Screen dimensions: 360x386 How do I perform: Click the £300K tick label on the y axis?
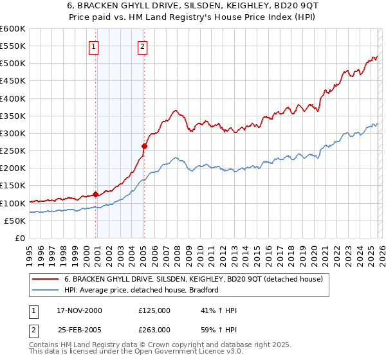click(x=13, y=134)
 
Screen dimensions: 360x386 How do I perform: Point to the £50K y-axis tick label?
click(x=15, y=221)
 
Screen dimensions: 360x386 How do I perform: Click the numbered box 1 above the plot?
click(x=94, y=46)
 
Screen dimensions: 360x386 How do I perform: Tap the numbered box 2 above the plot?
click(x=142, y=46)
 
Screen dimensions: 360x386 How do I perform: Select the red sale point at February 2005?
click(x=144, y=146)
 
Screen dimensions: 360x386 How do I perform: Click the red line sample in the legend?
click(x=46, y=279)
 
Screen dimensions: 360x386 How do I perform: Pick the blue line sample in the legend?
click(x=46, y=290)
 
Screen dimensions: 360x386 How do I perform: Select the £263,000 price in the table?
click(x=154, y=328)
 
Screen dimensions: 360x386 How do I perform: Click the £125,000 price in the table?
click(x=154, y=310)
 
